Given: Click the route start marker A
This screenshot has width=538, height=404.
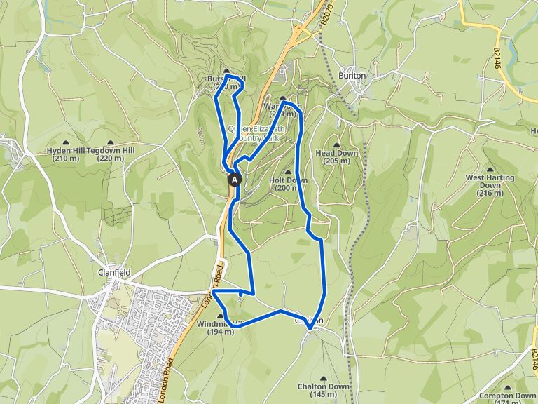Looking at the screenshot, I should [234, 180].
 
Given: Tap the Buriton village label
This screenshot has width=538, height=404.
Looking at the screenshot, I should [352, 75].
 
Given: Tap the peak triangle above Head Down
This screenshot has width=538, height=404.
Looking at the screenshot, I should [337, 144].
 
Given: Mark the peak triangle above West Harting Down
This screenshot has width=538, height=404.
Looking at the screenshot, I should [490, 169].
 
